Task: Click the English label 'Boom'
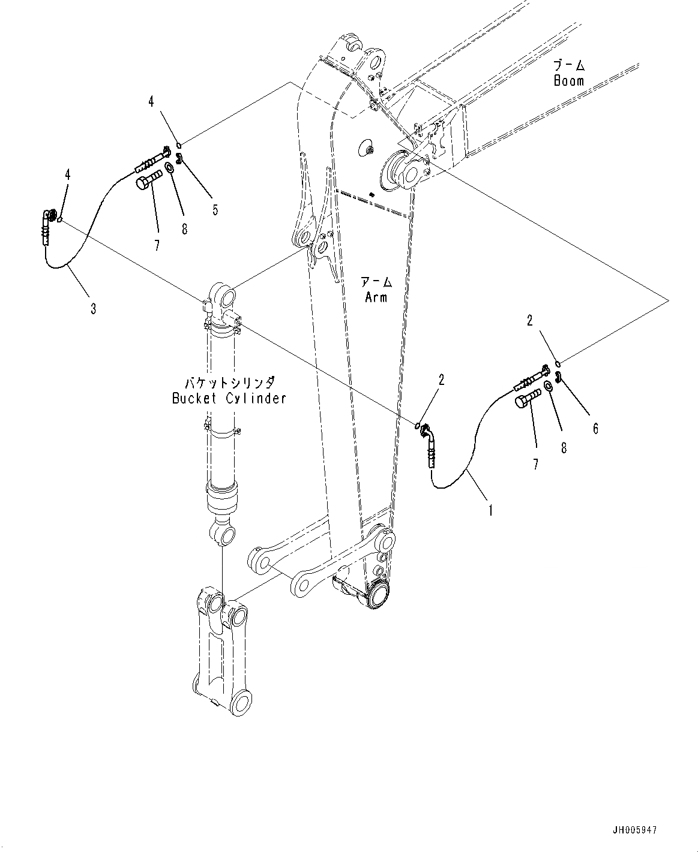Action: [568, 81]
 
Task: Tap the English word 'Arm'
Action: [376, 296]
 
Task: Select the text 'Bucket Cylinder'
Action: [229, 398]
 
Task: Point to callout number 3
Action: [93, 309]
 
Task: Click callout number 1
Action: [490, 511]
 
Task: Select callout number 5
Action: [214, 209]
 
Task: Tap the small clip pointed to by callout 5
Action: [179, 158]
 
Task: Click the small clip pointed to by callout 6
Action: [558, 377]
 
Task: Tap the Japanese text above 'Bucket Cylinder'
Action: [229, 382]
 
